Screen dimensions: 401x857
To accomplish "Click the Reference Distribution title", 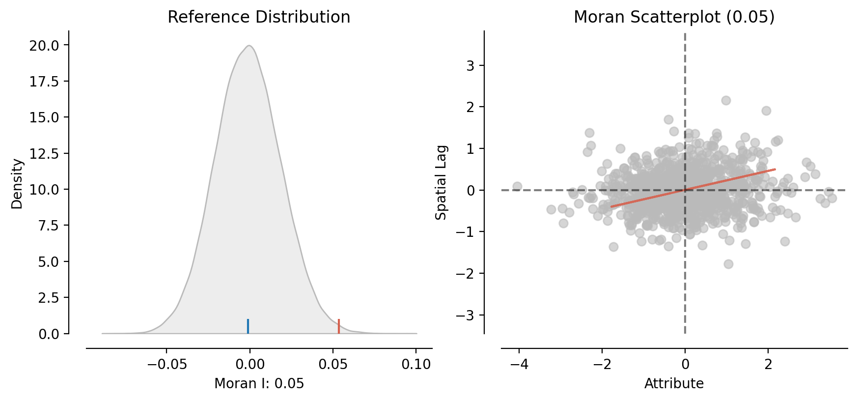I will pos(259,17).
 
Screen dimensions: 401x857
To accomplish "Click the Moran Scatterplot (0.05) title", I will pos(674,17).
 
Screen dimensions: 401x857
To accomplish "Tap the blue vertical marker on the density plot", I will pos(248,326).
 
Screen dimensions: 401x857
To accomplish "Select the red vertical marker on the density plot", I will pos(339,326).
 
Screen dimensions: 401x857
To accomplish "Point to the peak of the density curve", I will pos(249,46).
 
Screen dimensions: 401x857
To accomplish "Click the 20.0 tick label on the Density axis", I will pos(44,46).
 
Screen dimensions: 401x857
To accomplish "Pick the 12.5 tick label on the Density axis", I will pos(44,154).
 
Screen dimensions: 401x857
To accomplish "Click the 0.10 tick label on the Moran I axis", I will pos(416,365).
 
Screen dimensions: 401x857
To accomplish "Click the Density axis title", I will pos(17,183).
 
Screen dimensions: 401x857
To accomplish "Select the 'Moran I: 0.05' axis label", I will pos(259,384).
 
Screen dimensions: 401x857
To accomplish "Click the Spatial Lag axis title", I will pos(442,182).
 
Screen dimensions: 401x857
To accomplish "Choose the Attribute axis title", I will pos(674,384).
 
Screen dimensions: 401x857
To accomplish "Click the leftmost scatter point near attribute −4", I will pos(517,187).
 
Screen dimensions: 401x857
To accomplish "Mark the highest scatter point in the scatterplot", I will pos(726,100).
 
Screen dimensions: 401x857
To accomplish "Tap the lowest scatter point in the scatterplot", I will pos(728,264).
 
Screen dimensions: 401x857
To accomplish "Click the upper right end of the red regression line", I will pos(774,170).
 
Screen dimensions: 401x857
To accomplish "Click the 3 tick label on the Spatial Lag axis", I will pos(470,66).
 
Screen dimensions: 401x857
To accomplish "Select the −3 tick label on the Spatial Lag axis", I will pos(466,315).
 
